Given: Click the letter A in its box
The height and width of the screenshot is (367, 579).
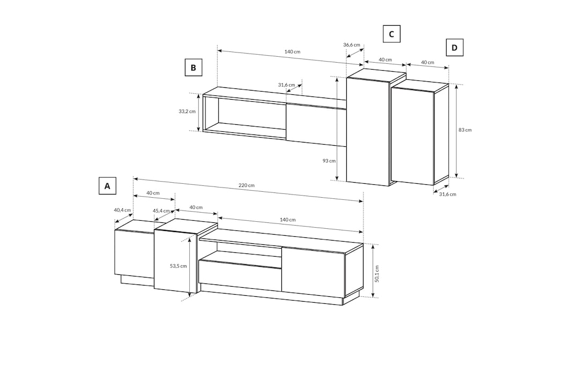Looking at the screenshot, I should coord(107,186).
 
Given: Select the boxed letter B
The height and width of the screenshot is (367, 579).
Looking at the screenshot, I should coord(193,68).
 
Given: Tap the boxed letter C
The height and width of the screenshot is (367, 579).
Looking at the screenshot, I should coord(391,34).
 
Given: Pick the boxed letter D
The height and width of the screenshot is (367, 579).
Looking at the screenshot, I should coord(454,48).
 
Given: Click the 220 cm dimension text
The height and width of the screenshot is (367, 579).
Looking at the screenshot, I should coord(247,185).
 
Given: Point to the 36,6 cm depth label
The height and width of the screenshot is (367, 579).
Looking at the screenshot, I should coord(351,45).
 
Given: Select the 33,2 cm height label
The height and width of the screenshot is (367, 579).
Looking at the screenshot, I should coord(187,112).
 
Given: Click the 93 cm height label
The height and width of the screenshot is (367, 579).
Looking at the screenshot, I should coord(329,161).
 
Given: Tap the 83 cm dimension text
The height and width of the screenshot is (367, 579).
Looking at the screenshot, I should coord(465,130).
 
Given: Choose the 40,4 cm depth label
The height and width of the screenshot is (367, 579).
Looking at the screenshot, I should coord(122,210).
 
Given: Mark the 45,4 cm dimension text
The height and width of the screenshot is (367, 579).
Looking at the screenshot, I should coord(161,211).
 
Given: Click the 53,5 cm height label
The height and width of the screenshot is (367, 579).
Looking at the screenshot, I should coord(178,266).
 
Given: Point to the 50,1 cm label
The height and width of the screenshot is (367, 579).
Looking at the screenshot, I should coord(377,274).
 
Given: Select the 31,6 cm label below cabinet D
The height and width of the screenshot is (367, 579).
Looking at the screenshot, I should coord(447,194).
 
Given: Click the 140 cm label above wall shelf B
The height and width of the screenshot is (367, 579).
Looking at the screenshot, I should coord(292,52).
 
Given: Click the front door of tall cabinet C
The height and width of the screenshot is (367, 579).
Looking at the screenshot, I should coord(368,131).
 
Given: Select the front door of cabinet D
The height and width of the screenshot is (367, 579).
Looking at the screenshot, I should coord(412,135).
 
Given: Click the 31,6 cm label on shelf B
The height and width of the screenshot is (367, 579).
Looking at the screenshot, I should coord(286,85).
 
